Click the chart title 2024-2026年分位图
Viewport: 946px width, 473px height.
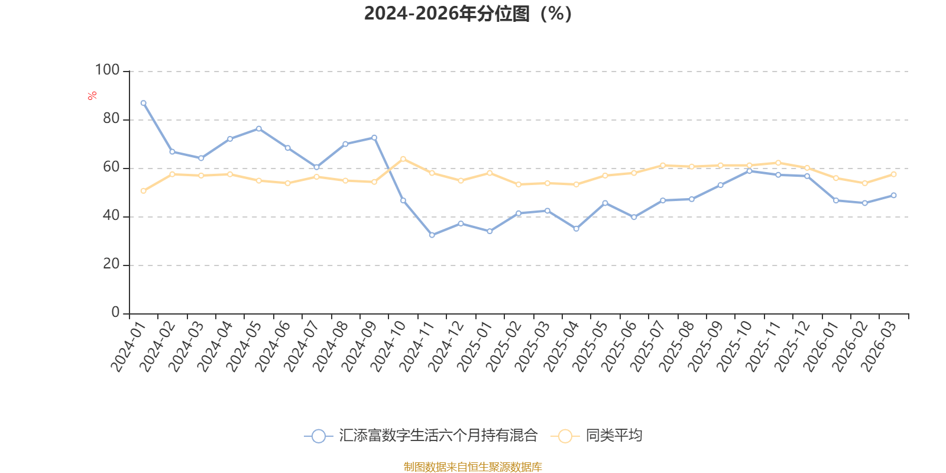point(468,14)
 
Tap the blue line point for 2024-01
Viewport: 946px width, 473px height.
point(143,103)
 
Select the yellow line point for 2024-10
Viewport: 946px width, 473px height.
point(403,158)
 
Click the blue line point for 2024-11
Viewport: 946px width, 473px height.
point(432,235)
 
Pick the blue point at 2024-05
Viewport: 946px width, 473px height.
point(259,128)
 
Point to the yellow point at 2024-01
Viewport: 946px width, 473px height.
point(143,191)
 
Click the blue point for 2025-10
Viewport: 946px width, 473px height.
point(750,171)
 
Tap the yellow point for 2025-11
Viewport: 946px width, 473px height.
point(778,163)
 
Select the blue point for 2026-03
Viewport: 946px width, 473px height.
point(893,195)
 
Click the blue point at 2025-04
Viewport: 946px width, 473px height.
point(576,229)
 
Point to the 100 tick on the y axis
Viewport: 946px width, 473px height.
point(107,70)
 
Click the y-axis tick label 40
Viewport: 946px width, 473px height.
point(111,216)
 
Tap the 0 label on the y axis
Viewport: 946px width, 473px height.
point(115,313)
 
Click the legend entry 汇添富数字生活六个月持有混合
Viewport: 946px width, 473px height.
point(438,436)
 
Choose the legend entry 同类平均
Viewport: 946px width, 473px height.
point(613,436)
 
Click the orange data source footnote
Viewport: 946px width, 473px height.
point(472,467)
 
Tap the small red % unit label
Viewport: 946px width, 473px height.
point(92,96)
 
